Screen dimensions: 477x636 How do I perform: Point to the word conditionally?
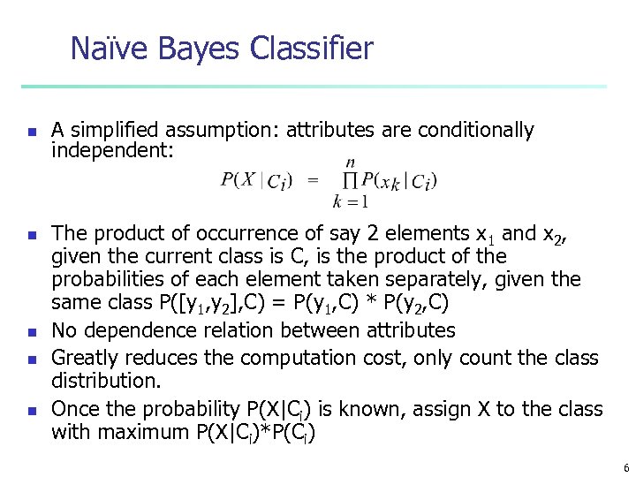pos(475,131)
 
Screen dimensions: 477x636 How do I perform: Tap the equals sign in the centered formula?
pos(312,181)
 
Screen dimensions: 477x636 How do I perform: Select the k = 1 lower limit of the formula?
pos(351,202)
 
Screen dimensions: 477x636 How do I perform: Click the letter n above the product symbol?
pos(351,162)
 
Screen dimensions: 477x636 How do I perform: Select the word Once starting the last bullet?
pos(73,409)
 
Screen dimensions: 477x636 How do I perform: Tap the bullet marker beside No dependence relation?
pos(31,332)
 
